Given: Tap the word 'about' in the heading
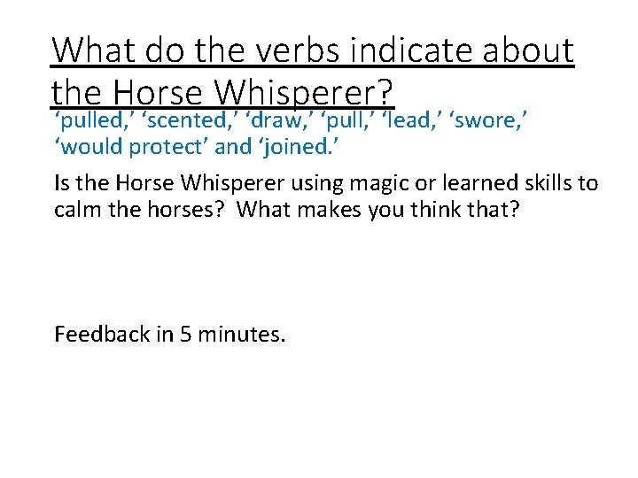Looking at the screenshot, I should pyautogui.click(x=527, y=50).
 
